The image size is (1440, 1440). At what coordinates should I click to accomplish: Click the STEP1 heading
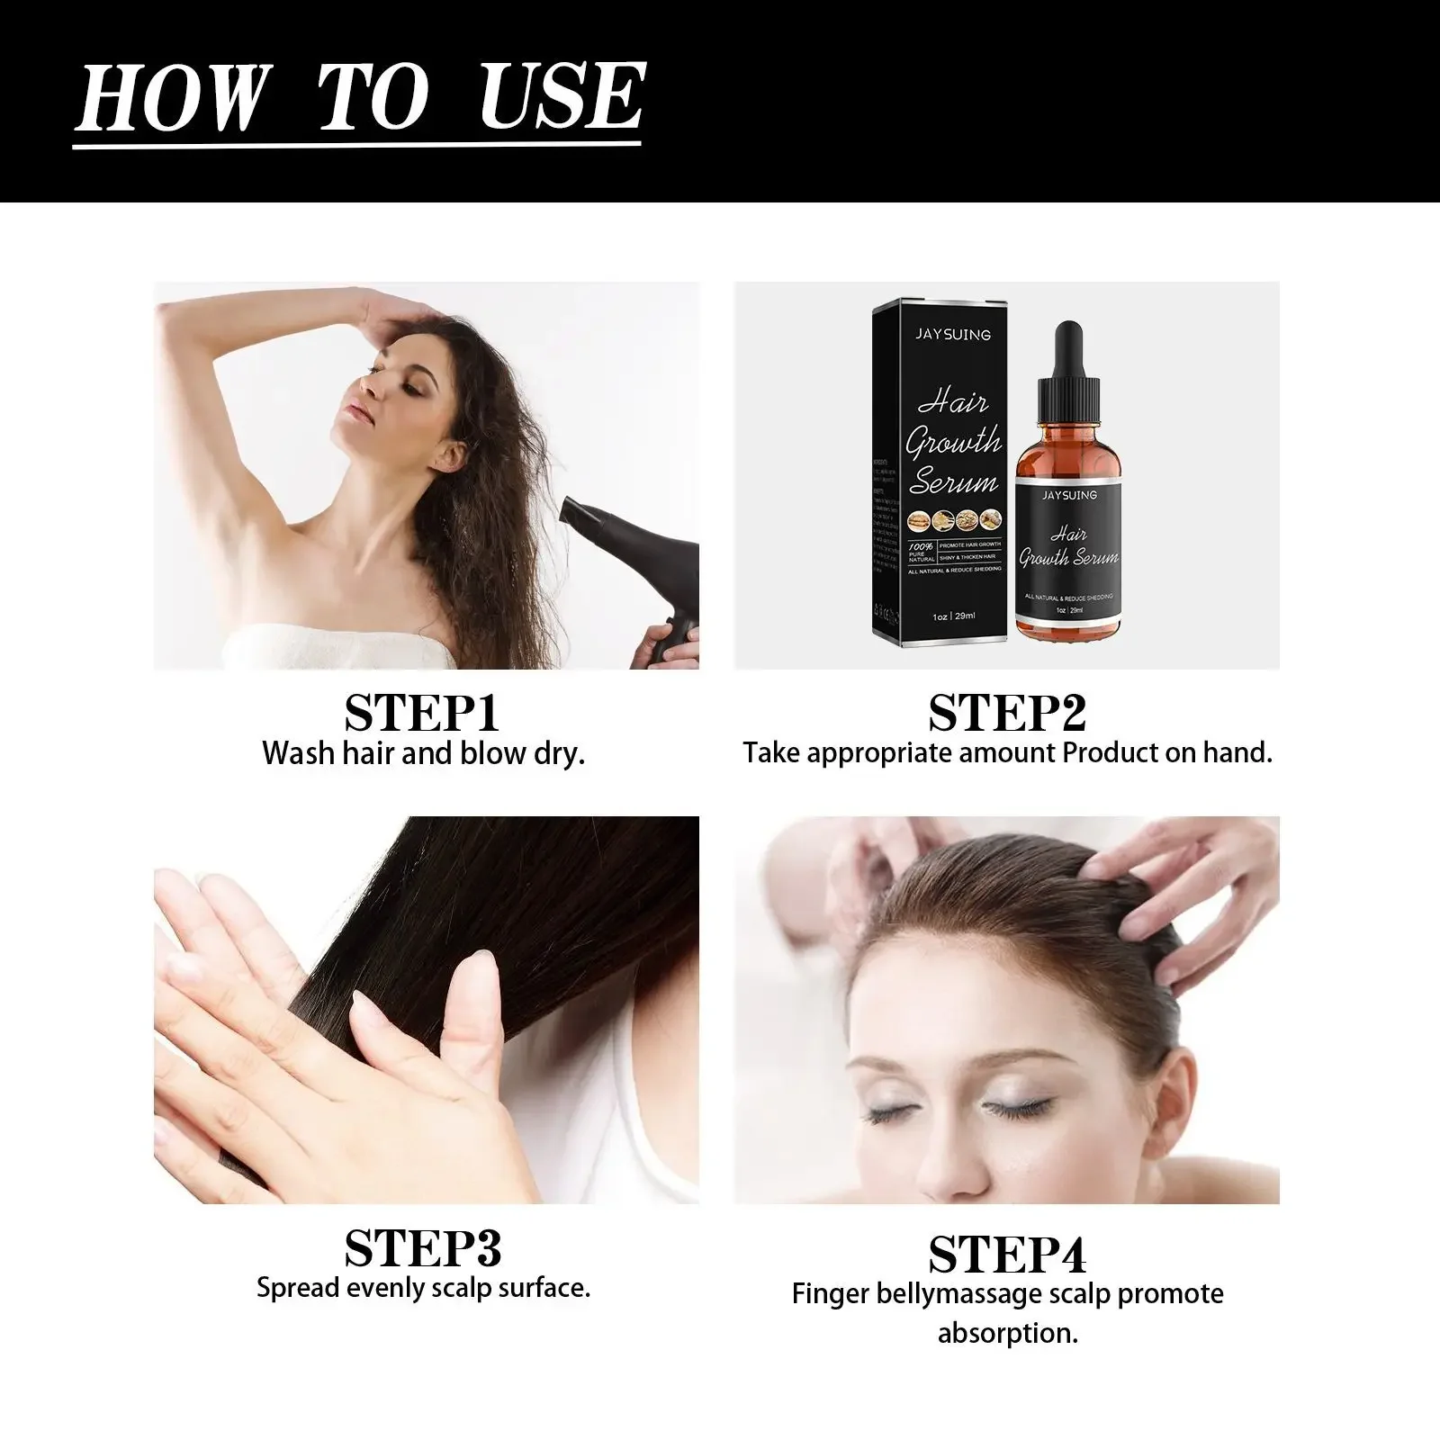pyautogui.click(x=421, y=713)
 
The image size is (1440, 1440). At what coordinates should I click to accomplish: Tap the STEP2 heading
pyautogui.click(x=1007, y=713)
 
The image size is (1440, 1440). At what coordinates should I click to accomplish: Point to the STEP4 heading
pyautogui.click(x=1007, y=1254)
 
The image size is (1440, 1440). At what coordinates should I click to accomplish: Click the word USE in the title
pyautogui.click(x=561, y=96)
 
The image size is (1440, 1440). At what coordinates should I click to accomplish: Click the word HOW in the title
pyautogui.click(x=171, y=96)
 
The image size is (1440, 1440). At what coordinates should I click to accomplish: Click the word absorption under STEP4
pyautogui.click(x=1007, y=1333)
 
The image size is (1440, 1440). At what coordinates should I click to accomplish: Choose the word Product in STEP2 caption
pyautogui.click(x=1111, y=752)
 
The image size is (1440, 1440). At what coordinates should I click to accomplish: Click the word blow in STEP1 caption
pyautogui.click(x=493, y=752)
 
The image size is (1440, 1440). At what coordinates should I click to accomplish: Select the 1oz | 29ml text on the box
pyautogui.click(x=953, y=616)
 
